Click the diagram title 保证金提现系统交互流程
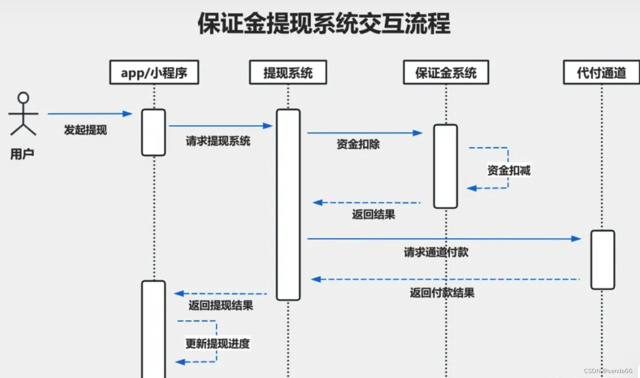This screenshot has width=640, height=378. (x=323, y=24)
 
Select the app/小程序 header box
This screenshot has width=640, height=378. (x=154, y=73)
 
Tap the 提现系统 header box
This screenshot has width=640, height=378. (x=288, y=73)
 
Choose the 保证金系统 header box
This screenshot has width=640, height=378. (x=446, y=73)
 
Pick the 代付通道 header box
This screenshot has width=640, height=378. (x=601, y=73)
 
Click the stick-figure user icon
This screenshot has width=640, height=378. (x=23, y=113)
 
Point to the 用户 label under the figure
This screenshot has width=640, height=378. (x=23, y=154)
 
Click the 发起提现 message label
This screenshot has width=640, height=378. (x=85, y=130)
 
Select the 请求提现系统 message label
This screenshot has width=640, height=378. (x=218, y=141)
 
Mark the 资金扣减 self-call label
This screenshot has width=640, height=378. (x=508, y=170)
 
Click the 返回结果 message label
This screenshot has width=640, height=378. (x=373, y=214)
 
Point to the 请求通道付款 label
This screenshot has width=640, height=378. (x=436, y=252)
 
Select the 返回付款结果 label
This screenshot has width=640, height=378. (x=442, y=293)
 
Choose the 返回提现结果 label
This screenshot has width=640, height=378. (x=221, y=305)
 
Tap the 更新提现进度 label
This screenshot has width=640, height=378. (x=217, y=343)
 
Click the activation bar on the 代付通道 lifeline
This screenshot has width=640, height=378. (x=602, y=259)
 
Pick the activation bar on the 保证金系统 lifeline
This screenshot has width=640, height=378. (x=445, y=166)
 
